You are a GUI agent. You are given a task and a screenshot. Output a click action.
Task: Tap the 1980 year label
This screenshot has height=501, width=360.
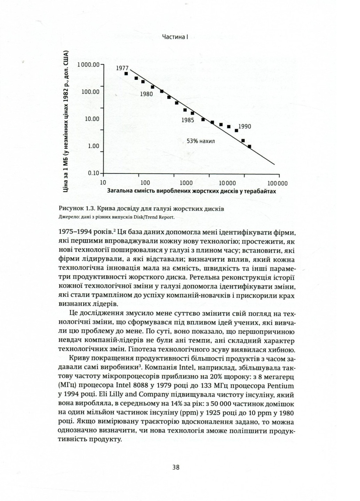146,94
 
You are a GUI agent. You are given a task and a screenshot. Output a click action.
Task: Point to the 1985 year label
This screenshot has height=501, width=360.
188,120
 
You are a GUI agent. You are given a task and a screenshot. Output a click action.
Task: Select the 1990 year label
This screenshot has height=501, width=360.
245,127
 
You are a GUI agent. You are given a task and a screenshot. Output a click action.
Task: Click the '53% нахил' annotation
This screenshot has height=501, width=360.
201,141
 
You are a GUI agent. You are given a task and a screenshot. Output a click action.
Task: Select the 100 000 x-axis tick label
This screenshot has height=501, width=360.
278,183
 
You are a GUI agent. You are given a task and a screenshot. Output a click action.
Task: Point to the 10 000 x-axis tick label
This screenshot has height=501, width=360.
227,183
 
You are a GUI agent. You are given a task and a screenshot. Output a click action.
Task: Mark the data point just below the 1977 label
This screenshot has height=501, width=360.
127,73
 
